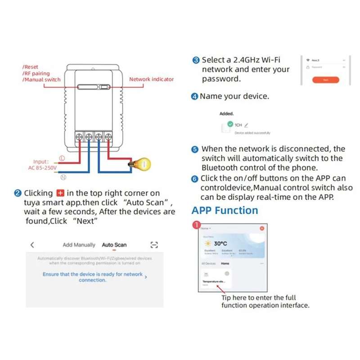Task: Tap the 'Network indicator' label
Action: click(x=151, y=79)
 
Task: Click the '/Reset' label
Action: click(x=31, y=67)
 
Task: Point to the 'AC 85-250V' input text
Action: click(x=43, y=168)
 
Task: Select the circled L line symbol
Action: click(x=62, y=158)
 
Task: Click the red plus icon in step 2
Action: click(x=61, y=193)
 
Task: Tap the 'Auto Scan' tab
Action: click(x=114, y=245)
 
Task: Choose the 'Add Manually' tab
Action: click(x=79, y=245)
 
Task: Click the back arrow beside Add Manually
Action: click(x=32, y=245)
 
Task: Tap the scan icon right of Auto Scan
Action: click(x=154, y=245)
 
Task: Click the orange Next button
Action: click(x=325, y=80)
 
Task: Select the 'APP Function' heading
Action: click(x=225, y=211)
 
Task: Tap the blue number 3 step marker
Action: click(x=196, y=60)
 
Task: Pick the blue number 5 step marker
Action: click(x=195, y=149)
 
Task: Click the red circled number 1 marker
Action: click(x=195, y=224)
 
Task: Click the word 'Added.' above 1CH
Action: click(x=226, y=114)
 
